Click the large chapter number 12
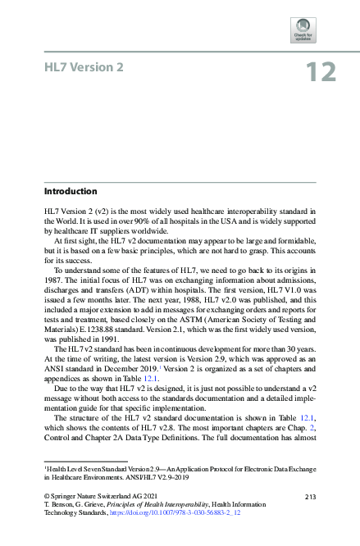click(321, 72)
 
